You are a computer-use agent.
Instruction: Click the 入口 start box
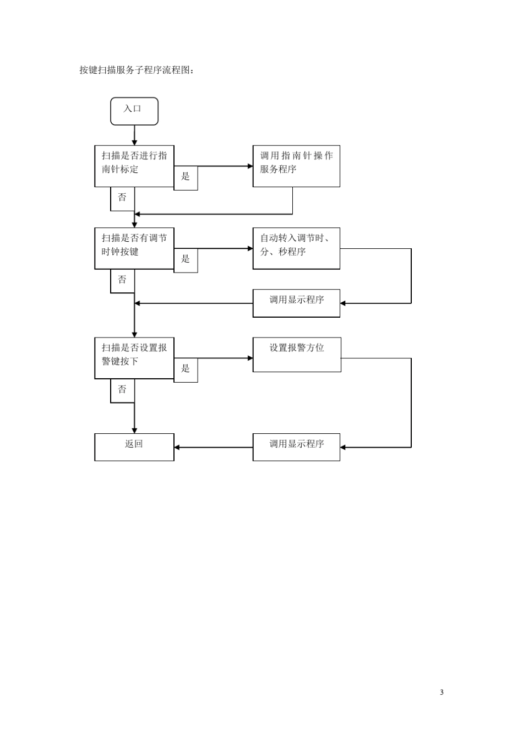(134, 111)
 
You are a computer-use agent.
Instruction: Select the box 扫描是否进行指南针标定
(134, 166)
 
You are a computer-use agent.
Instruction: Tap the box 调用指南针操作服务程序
(296, 166)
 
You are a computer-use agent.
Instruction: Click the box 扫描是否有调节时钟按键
(134, 248)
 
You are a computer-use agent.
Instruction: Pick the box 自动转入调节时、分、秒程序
(296, 248)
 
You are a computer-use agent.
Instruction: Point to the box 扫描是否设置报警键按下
(134, 358)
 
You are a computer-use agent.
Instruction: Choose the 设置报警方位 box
(297, 355)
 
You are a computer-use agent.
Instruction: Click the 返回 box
(134, 447)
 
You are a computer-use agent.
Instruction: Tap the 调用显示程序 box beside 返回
(296, 447)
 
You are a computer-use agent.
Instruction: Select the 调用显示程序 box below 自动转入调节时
(296, 303)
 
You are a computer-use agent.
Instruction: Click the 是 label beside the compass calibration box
(186, 177)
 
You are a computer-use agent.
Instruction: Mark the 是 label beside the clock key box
(186, 259)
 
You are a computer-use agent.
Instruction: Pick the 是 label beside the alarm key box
(186, 368)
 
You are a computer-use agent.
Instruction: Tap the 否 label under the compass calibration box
(122, 197)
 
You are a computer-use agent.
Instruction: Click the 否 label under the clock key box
(122, 280)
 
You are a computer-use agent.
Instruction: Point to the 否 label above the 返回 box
(122, 389)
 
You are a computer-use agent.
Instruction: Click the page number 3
(442, 692)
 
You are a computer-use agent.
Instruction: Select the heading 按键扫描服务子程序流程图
(137, 70)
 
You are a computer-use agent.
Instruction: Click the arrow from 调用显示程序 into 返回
(213, 447)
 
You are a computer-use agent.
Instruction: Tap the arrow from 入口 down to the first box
(134, 135)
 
